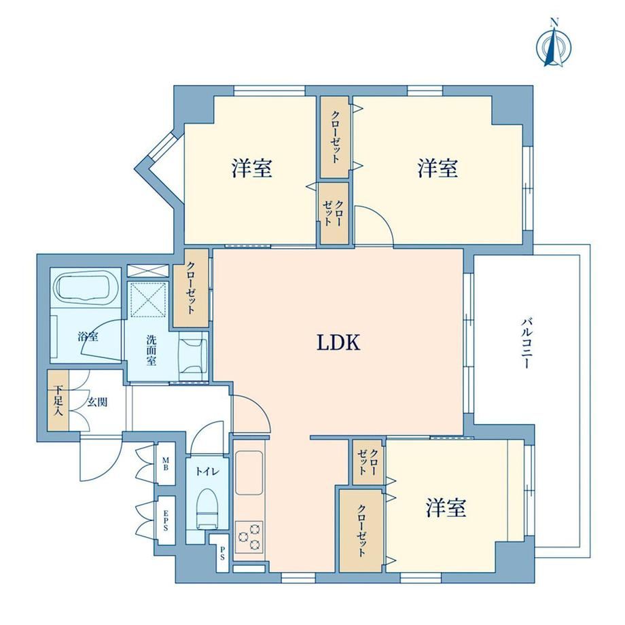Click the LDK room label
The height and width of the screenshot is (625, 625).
click(x=338, y=342)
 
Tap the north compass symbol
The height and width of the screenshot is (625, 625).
click(x=554, y=45)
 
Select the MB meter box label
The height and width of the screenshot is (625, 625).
click(x=165, y=463)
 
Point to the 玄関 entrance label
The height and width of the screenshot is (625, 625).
click(x=97, y=402)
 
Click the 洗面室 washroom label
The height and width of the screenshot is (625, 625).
click(x=151, y=351)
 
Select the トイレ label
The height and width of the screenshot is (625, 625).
click(x=207, y=472)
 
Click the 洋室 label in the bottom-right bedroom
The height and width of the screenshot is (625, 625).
click(x=446, y=507)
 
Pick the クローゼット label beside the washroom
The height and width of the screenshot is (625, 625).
click(x=191, y=287)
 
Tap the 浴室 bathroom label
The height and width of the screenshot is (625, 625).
click(x=88, y=337)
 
